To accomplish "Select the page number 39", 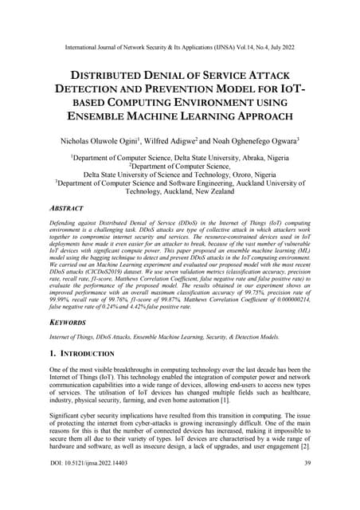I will pos(306,497).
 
